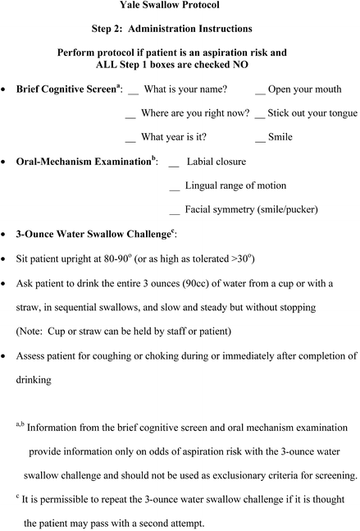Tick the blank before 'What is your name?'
point(134,92)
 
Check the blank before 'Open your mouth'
point(260,92)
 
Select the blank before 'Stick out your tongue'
point(260,116)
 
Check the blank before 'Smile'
point(260,140)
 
